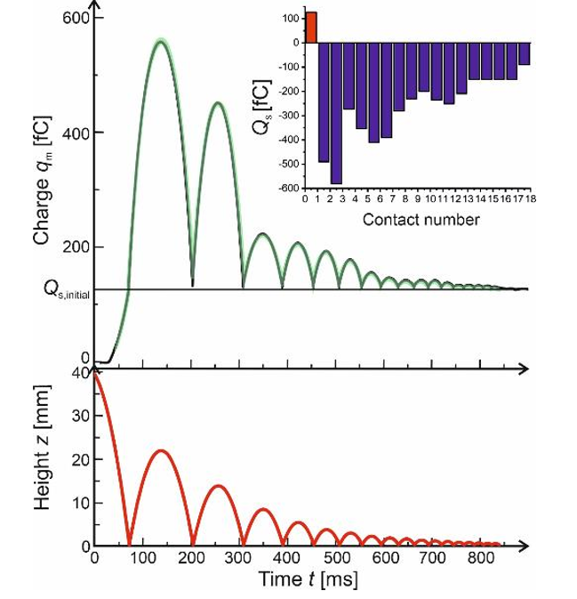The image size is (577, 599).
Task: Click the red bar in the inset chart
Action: pos(312,27)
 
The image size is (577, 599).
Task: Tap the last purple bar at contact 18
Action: pos(525,53)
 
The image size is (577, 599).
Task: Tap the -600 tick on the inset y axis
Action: pos(287,189)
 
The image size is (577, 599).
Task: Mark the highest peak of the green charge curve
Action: pos(161,41)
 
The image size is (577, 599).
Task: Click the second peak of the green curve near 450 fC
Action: pos(218,103)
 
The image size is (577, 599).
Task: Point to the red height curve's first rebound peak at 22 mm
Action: pos(161,450)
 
